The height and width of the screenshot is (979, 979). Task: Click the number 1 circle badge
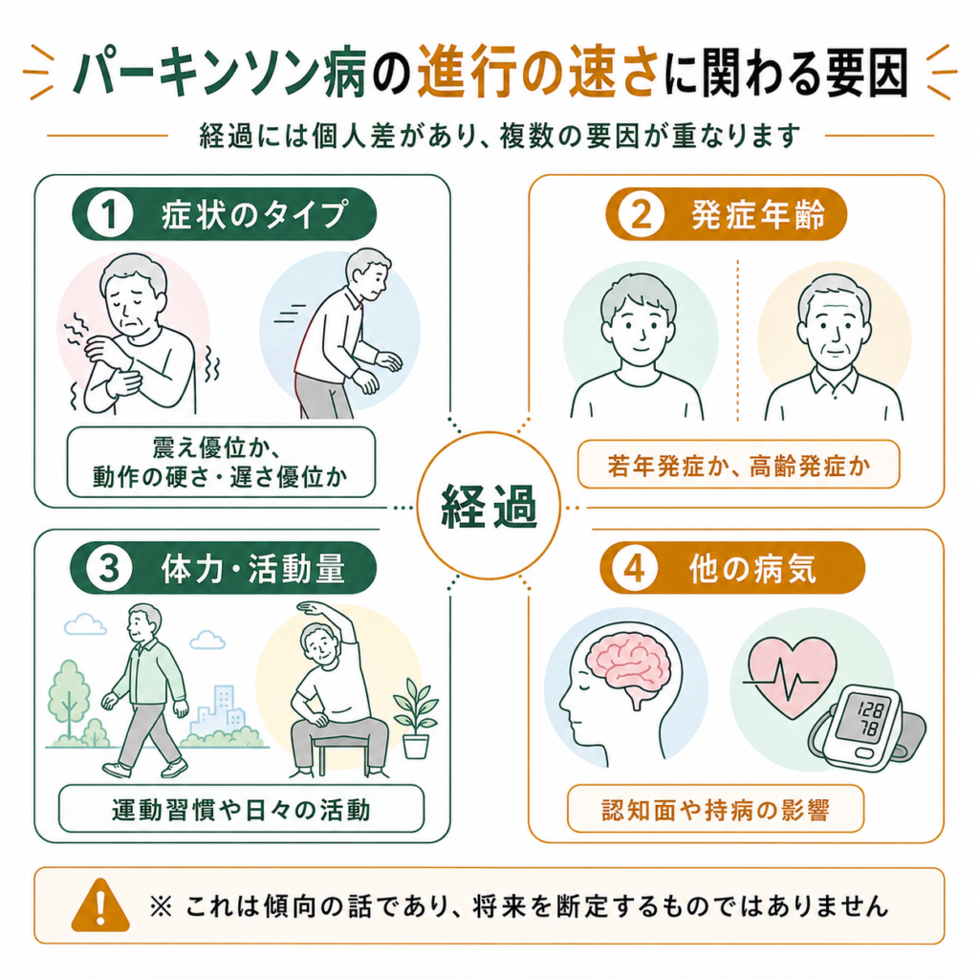[110, 214]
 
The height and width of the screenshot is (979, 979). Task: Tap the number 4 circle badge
[635, 569]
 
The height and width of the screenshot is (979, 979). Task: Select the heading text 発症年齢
[758, 215]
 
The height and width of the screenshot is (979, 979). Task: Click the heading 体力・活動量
[252, 569]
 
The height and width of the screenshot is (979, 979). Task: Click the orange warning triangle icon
[100, 905]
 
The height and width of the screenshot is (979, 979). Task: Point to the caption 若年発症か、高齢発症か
[739, 466]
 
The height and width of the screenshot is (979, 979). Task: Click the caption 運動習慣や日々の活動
[241, 810]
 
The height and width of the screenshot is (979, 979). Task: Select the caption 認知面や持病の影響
[715, 810]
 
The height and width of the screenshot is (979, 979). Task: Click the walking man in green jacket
[146, 690]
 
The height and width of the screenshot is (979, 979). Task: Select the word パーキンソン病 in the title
[220, 73]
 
